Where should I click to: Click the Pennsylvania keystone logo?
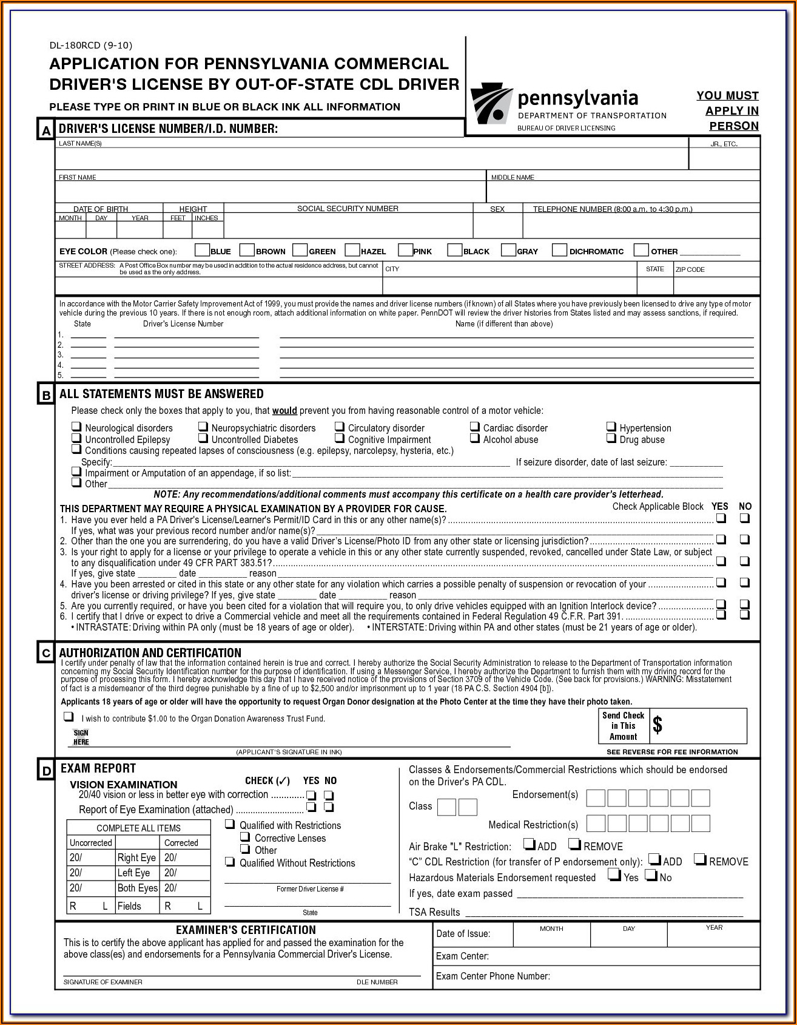click(491, 104)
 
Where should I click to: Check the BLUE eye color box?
click(202, 250)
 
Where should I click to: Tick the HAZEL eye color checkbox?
click(352, 250)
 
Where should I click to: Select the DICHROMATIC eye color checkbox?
click(560, 250)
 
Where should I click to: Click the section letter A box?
click(45, 130)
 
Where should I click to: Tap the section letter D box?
click(46, 771)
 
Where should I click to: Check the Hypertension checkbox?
click(611, 427)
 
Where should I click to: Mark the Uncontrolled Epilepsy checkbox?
click(76, 438)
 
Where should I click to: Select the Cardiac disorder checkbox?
click(475, 427)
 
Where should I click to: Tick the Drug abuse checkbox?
click(611, 438)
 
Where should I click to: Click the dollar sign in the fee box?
click(657, 725)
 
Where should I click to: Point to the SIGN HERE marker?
click(81, 737)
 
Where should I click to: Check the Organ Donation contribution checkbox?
click(69, 717)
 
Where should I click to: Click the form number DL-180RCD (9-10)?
click(90, 46)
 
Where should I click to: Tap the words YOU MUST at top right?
click(727, 96)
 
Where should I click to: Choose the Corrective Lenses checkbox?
click(246, 837)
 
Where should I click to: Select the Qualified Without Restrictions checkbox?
click(230, 862)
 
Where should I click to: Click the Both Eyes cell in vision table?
click(138, 888)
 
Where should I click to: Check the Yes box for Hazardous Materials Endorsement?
click(614, 875)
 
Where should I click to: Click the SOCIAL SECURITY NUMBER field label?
click(348, 209)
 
